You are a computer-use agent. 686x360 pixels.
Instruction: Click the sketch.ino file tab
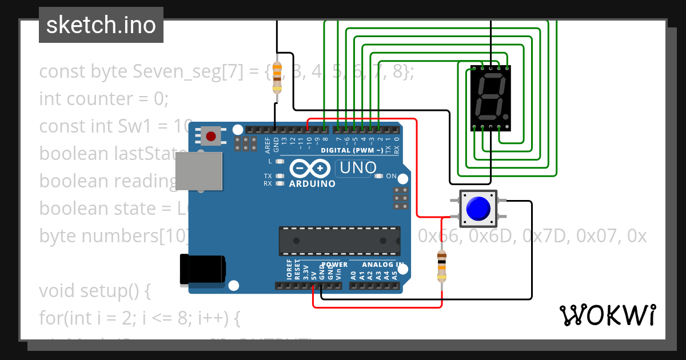101,25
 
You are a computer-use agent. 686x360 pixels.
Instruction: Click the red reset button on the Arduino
211,136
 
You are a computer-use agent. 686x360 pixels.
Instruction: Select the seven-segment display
490,98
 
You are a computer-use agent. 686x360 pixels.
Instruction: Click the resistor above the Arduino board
277,77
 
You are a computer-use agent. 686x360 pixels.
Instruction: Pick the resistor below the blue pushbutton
441,266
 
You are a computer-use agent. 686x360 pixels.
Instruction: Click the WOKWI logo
607,315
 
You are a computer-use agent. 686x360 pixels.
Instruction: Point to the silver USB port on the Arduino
198,171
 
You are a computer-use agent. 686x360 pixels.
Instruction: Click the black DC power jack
201,270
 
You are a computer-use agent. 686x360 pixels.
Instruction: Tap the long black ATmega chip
338,240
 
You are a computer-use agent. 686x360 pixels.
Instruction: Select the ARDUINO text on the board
312,184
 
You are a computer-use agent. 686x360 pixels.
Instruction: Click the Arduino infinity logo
309,168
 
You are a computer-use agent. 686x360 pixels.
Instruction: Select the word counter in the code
100,99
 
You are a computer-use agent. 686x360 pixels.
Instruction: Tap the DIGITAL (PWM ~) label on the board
352,150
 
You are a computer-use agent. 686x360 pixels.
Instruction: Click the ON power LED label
392,176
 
